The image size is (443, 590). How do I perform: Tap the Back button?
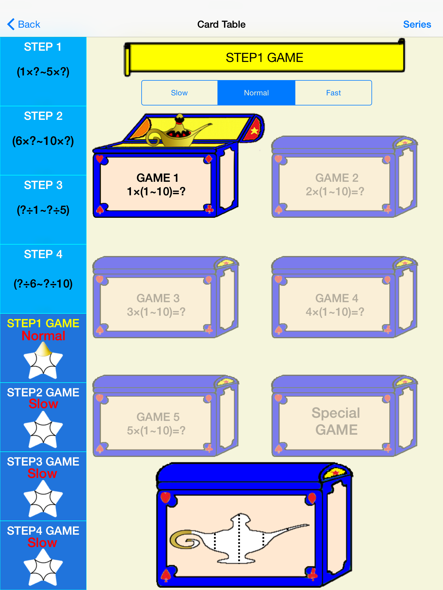coord(24,24)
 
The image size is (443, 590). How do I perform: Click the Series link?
coord(417,24)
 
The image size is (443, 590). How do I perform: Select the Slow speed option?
coord(179,93)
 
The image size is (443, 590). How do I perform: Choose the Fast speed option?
coord(333,93)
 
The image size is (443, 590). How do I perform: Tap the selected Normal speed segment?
coord(256,93)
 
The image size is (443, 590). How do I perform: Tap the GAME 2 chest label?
coord(336,185)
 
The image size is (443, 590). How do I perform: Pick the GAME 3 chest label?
coord(156,305)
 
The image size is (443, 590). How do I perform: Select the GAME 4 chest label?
coord(336,305)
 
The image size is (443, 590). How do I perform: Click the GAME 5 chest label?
coord(156,424)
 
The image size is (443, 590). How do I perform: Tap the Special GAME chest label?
coord(336,421)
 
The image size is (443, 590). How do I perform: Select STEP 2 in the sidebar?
coord(43,116)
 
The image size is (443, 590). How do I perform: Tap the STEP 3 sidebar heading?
coord(43,185)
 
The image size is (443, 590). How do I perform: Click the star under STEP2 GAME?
coord(43,430)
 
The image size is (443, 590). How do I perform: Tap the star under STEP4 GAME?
coord(43,567)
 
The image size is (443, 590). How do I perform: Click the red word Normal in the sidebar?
coord(44,336)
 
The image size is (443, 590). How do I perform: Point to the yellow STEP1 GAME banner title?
coord(264,58)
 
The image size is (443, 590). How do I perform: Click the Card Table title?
coord(221,24)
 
